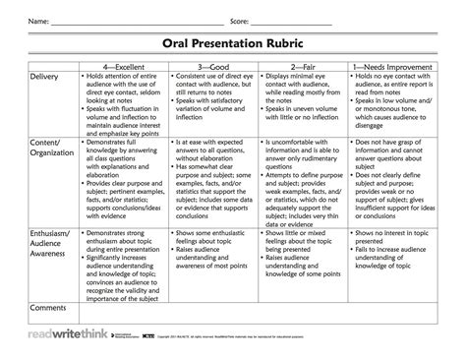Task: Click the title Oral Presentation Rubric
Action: point(233,44)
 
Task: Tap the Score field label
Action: point(240,20)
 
